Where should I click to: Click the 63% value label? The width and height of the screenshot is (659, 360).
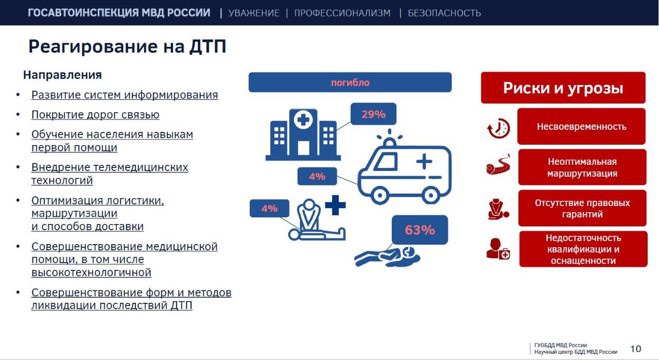(x=420, y=230)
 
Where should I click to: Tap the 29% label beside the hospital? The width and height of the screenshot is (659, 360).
(x=373, y=114)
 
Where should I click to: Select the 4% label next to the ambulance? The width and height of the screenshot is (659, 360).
(x=317, y=176)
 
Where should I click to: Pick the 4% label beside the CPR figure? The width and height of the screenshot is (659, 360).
(x=269, y=208)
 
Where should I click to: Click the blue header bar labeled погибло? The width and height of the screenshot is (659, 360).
(x=350, y=82)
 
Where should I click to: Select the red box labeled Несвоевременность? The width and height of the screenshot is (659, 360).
(x=581, y=126)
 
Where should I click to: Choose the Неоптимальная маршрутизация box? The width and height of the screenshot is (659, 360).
(x=582, y=167)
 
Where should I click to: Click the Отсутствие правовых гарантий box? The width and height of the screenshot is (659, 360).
(x=582, y=208)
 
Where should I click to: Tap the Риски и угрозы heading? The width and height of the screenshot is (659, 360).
(x=563, y=88)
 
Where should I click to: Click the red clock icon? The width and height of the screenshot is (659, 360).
(x=498, y=128)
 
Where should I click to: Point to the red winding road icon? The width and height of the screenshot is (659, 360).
(x=498, y=165)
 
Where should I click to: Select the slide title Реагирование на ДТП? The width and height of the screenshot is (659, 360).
(x=127, y=46)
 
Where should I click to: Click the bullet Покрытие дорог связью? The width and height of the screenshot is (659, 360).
(x=95, y=114)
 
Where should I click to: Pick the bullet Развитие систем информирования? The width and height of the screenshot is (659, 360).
(x=125, y=95)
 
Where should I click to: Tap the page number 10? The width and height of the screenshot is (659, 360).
(x=636, y=349)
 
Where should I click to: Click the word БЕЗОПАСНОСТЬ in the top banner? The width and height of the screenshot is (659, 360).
(x=444, y=13)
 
